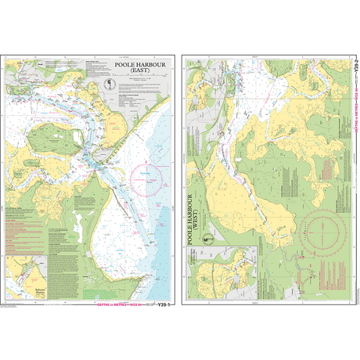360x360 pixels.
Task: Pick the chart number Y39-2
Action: pyautogui.click(x=355, y=69)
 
